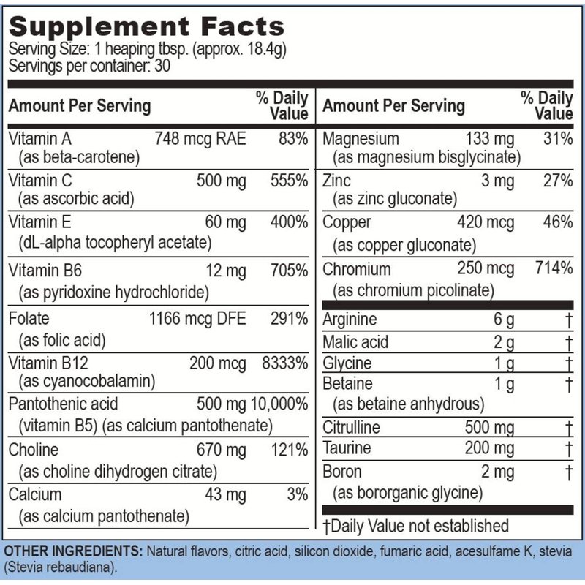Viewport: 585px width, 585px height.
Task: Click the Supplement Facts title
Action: click(146, 27)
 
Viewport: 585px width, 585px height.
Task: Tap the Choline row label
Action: click(34, 450)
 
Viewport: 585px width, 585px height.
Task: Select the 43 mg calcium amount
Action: click(226, 495)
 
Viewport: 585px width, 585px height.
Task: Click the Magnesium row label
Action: click(361, 139)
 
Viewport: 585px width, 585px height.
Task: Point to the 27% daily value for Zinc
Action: click(559, 180)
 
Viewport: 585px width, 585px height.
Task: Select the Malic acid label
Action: click(356, 341)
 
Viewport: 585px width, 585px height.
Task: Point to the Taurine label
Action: click(347, 448)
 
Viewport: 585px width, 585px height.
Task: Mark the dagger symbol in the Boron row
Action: click(568, 472)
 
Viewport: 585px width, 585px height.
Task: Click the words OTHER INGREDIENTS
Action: click(72, 549)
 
